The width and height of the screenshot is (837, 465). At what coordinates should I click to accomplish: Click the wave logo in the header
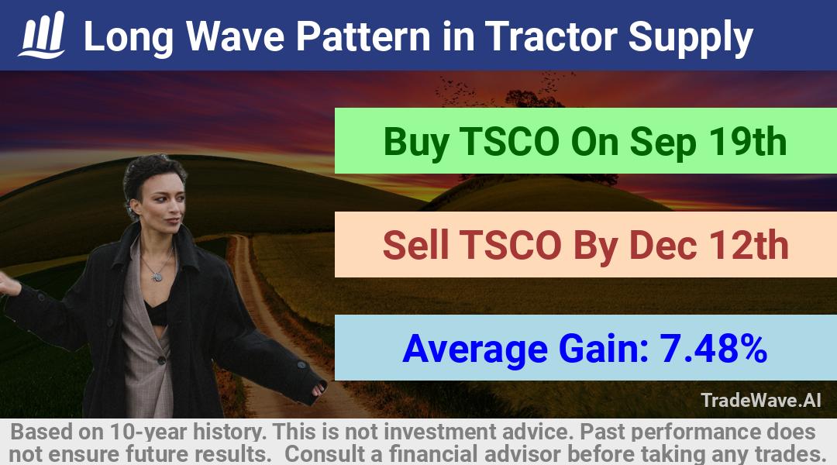click(42, 35)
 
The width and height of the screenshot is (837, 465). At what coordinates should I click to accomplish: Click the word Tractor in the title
click(551, 36)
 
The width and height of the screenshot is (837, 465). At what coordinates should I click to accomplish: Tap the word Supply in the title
click(691, 39)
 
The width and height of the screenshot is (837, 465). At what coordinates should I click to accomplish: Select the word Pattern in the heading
click(363, 36)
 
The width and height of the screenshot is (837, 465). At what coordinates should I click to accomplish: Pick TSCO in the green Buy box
click(508, 142)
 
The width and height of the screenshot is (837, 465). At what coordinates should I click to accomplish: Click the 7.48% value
click(713, 348)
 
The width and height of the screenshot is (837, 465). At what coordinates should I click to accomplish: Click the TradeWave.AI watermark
click(761, 400)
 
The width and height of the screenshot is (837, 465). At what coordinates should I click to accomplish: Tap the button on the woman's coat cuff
click(301, 366)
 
